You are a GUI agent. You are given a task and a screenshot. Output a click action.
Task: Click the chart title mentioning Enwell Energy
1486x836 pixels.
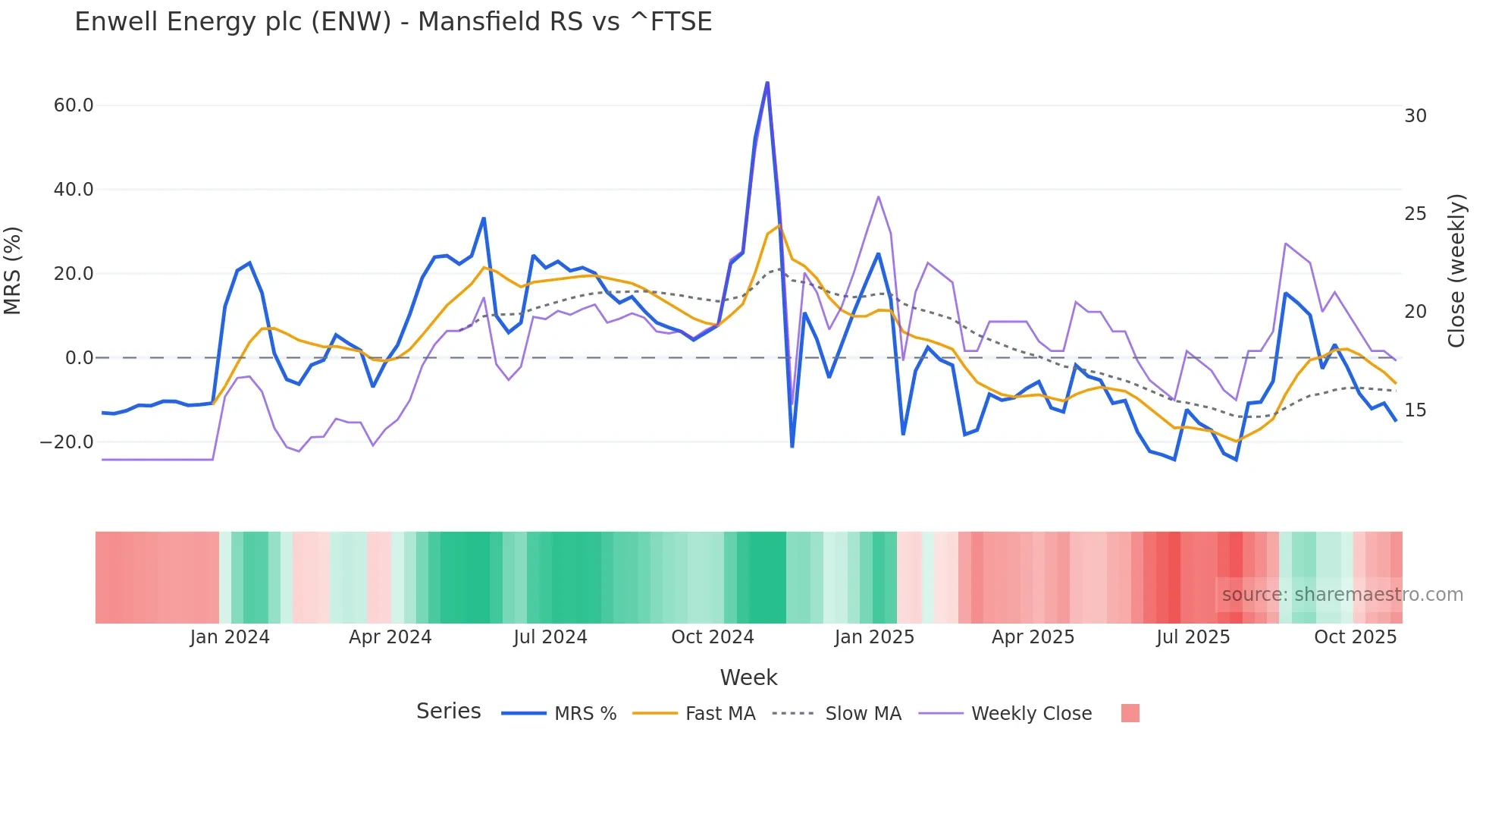tap(393, 22)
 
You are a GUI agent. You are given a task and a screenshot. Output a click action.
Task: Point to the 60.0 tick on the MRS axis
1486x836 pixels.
tap(74, 105)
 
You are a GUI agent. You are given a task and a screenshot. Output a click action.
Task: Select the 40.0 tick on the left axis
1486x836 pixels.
tap(74, 190)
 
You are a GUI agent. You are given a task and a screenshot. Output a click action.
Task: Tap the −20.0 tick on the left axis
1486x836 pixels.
tap(67, 442)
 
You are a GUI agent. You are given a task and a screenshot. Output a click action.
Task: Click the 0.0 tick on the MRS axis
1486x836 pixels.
tap(80, 358)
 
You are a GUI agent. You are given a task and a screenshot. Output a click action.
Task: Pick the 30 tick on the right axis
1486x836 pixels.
tap(1415, 116)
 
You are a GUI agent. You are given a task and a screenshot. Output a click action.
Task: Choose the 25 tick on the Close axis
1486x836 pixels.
tap(1415, 214)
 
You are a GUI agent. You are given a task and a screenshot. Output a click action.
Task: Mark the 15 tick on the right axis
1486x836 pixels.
tap(1415, 410)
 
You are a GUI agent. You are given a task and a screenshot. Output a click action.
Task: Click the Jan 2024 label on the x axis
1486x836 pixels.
tap(230, 637)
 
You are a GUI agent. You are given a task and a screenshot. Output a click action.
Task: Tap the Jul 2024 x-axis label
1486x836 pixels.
tap(550, 637)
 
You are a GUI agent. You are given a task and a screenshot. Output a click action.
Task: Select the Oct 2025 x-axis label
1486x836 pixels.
tap(1355, 637)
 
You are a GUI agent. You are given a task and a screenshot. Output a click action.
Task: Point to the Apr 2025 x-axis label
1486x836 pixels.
tap(1033, 637)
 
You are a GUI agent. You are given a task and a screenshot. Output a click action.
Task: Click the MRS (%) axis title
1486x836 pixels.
tap(13, 271)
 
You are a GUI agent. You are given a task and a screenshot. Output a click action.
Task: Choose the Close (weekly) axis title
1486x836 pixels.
tap(1456, 271)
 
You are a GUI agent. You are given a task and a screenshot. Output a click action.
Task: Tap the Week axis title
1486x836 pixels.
tap(748, 677)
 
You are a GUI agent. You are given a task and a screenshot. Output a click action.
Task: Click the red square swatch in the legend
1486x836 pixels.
tap(1130, 713)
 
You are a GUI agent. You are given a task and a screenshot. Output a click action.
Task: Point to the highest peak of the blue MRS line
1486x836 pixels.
tap(767, 83)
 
